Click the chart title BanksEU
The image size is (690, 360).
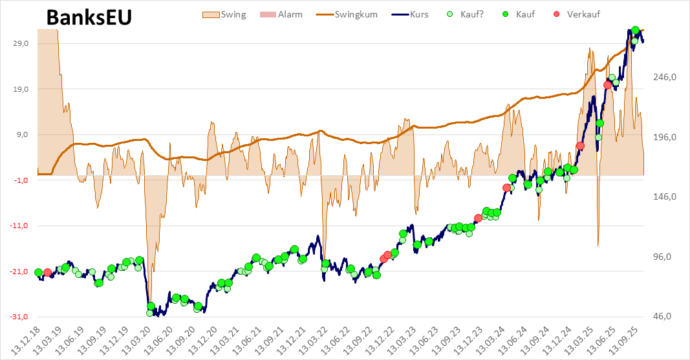[89, 18]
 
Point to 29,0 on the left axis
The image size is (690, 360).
[21, 43]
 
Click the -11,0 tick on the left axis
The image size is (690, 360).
[20, 226]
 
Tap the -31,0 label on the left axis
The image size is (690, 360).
[20, 317]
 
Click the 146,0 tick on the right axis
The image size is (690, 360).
[665, 197]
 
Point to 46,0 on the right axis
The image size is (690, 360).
[665, 317]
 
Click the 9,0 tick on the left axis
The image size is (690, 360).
[24, 134]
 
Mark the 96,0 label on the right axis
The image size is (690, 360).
[665, 257]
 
